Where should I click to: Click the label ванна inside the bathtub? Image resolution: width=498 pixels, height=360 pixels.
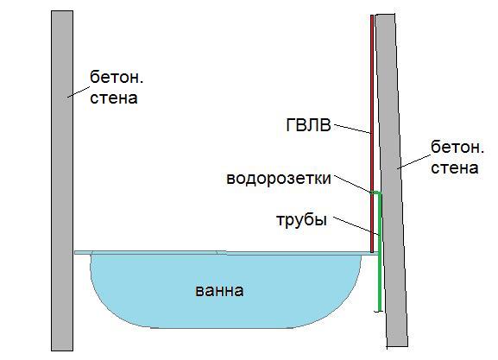pyautogui.click(x=219, y=291)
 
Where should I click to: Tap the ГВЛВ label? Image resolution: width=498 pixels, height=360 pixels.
pyautogui.click(x=308, y=125)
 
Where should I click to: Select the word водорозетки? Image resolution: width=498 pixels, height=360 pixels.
pyautogui.click(x=279, y=179)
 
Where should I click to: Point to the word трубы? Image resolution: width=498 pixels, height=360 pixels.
pyautogui.click(x=301, y=220)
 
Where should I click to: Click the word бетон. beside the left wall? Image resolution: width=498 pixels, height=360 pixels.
pyautogui.click(x=117, y=77)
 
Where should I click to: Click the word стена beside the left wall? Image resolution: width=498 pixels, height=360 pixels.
pyautogui.click(x=114, y=98)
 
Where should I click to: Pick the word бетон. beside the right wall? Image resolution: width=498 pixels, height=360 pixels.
pyautogui.click(x=457, y=147)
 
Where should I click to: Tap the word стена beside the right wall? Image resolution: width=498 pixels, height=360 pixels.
pyautogui.click(x=455, y=168)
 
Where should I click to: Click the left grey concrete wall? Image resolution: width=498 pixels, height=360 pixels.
pyautogui.click(x=62, y=180)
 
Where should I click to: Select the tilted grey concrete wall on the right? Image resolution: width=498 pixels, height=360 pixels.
pyautogui.click(x=391, y=180)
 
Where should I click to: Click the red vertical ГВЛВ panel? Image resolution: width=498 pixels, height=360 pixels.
pyautogui.click(x=372, y=134)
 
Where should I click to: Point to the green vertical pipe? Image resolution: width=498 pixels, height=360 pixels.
pyautogui.click(x=380, y=251)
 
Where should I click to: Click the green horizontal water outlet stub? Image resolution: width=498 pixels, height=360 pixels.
pyautogui.click(x=375, y=193)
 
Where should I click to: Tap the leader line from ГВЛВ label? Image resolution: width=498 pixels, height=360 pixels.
pyautogui.click(x=352, y=129)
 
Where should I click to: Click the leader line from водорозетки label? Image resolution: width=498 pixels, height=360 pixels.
pyautogui.click(x=352, y=184)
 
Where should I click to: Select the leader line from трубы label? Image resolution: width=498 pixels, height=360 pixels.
pyautogui.click(x=356, y=226)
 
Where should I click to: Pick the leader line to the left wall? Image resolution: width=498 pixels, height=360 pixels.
pyautogui.click(x=79, y=92)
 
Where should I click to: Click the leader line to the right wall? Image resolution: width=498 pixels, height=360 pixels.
pyautogui.click(x=413, y=162)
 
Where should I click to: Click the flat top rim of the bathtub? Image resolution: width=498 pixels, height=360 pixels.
pyautogui.click(x=226, y=253)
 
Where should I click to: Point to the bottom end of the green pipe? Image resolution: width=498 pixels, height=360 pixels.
pyautogui.click(x=379, y=310)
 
